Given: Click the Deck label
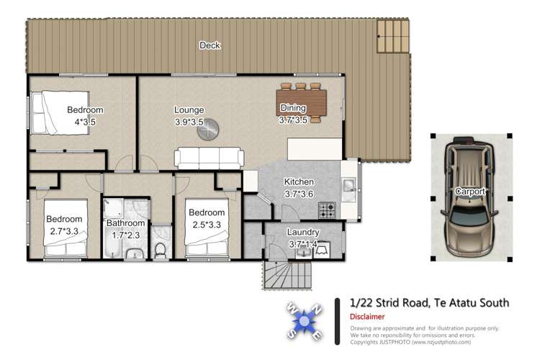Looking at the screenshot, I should click(x=210, y=45).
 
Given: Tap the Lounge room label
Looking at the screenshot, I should click(x=189, y=110).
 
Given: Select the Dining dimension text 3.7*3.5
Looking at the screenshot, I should click(x=293, y=120).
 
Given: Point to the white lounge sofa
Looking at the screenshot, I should click(x=209, y=157).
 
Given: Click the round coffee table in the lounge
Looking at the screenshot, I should click(x=210, y=130).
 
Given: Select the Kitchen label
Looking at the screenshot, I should click(x=299, y=182).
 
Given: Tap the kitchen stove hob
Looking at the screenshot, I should click(x=327, y=210).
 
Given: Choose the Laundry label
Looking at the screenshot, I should click(x=302, y=233).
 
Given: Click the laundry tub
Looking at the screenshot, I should click(x=322, y=250).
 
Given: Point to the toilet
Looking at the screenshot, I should click(x=161, y=249).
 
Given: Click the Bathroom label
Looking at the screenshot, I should click(x=126, y=223).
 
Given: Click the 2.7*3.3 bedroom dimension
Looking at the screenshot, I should click(x=64, y=231).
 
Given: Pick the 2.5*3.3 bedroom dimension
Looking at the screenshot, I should click(x=207, y=224).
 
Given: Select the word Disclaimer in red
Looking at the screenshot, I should click(x=367, y=316).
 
